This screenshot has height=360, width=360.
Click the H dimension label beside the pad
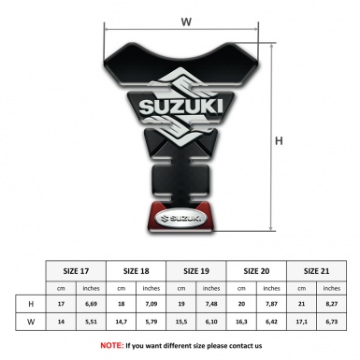tap(279, 140)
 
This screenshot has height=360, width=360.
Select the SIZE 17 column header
tap(77, 269)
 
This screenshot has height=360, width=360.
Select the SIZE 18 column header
tap(137, 269)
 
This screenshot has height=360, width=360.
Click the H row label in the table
tap(31, 305)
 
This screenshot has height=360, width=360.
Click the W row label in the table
tap(31, 322)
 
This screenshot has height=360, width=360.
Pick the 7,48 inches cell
tap(212, 305)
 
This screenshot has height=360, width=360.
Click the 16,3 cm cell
tap(242, 322)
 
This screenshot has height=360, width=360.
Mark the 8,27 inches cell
tap(332, 305)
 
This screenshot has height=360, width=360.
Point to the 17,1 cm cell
tap(302, 322)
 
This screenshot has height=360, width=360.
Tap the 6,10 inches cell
tap(212, 322)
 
